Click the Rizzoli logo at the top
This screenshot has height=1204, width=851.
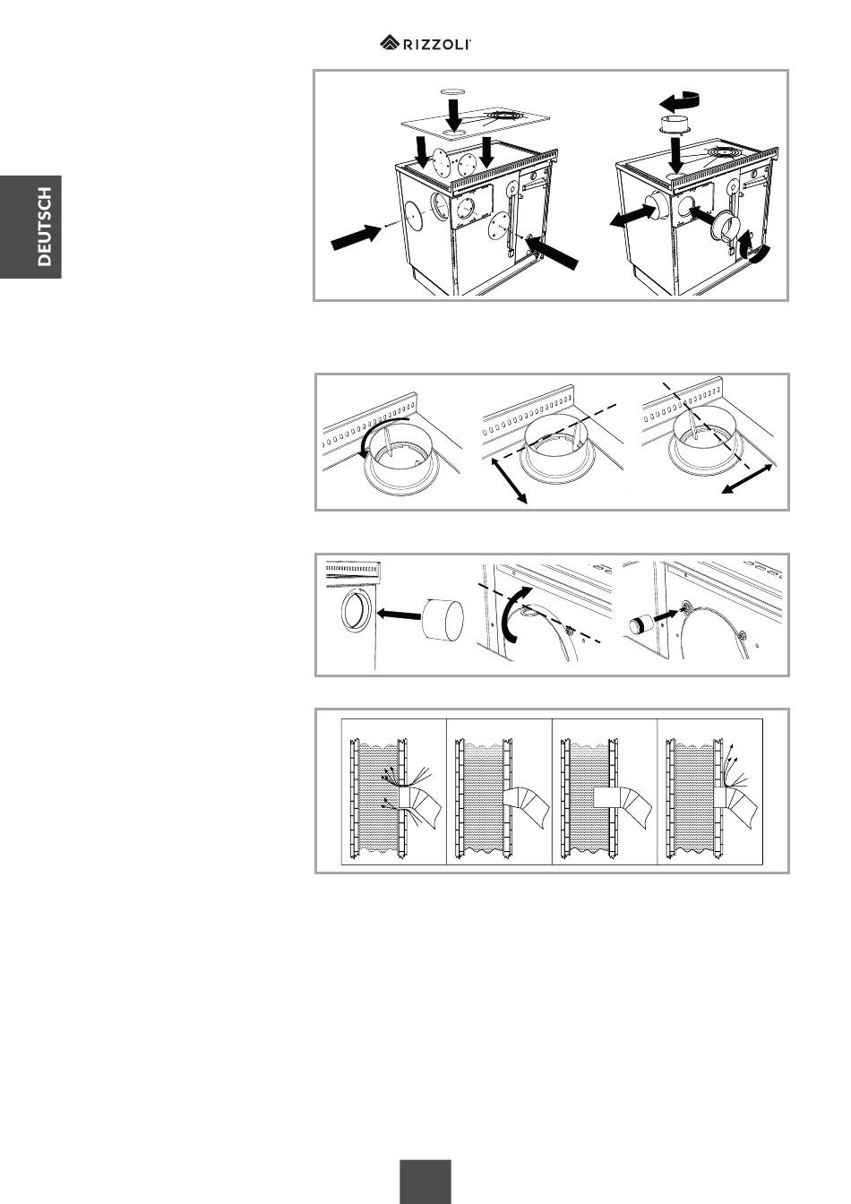point(425,43)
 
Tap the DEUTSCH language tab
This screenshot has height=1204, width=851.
point(30,227)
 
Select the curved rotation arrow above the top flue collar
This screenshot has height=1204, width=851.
point(681,100)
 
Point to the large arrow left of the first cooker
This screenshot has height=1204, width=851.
point(356,236)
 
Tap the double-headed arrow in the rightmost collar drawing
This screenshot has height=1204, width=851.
point(747,479)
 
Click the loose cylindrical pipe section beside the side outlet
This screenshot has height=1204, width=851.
point(443,619)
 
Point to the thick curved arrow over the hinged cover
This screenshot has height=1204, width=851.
point(513,614)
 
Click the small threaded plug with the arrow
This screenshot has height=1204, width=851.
point(640,624)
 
